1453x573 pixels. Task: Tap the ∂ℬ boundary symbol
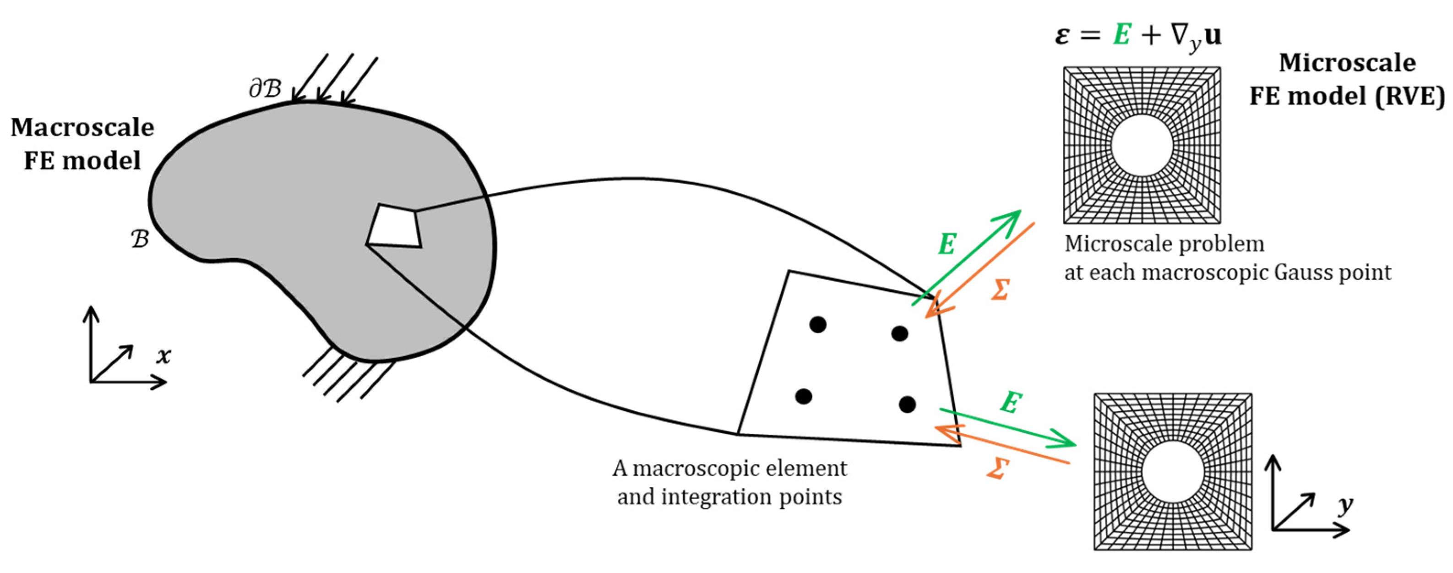click(x=265, y=88)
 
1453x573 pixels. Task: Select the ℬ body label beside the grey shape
click(x=140, y=239)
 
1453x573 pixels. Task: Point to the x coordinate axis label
click(x=163, y=356)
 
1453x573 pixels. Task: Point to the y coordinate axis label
click(x=1345, y=505)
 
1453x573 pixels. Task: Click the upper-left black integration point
click(x=818, y=324)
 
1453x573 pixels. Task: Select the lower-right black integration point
click(x=907, y=404)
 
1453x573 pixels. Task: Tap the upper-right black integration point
click(x=900, y=334)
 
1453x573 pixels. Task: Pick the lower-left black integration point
click(x=803, y=397)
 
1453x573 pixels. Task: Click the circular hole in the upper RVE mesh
click(x=1142, y=146)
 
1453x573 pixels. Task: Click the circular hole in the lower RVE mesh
click(x=1173, y=472)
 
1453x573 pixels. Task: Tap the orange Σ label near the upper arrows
click(x=1000, y=290)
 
